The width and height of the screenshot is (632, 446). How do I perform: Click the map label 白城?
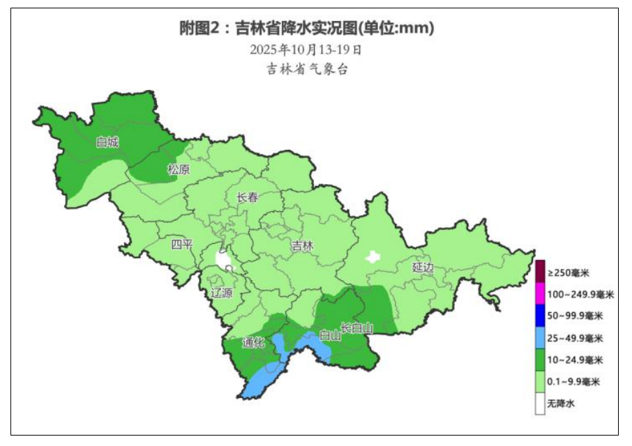coord(107,143)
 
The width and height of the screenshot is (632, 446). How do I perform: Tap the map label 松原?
coord(179,169)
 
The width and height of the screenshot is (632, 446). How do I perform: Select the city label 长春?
coord(248,197)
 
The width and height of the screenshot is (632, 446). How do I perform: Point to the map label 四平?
coord(183,245)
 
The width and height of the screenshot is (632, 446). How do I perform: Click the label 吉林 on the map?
coord(303,246)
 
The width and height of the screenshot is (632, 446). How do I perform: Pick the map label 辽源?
coord(222,293)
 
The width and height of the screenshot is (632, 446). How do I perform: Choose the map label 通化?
coord(254,342)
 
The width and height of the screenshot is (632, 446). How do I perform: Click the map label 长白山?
coord(357,328)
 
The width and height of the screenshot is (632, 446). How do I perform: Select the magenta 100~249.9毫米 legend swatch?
coord(540,293)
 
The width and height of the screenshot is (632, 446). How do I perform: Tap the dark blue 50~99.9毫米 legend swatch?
coord(540,315)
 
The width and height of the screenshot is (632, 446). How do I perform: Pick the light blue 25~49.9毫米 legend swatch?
coord(540,337)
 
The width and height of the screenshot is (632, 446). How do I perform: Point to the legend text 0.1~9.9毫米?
coord(573,382)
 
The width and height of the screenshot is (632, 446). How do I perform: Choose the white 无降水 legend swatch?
coord(540,403)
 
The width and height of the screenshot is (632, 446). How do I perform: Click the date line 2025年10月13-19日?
coord(306,49)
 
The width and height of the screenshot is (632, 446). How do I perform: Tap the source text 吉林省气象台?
coord(307,69)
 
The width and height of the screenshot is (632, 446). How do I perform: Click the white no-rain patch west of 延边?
coord(374,256)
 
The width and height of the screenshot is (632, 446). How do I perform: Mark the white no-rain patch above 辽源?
coord(223,261)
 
